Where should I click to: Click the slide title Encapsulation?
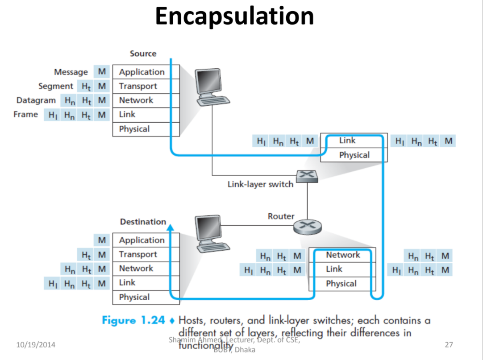(x=234, y=17)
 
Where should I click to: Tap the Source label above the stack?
(x=143, y=54)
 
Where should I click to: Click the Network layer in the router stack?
(x=342, y=255)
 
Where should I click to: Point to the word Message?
(x=71, y=72)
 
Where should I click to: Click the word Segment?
(x=55, y=86)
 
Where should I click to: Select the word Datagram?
(x=36, y=100)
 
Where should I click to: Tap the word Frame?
(x=25, y=115)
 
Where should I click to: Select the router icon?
(x=307, y=227)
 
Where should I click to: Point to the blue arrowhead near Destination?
(x=170, y=228)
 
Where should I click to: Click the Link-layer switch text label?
(x=260, y=184)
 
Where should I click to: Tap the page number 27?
(x=449, y=344)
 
